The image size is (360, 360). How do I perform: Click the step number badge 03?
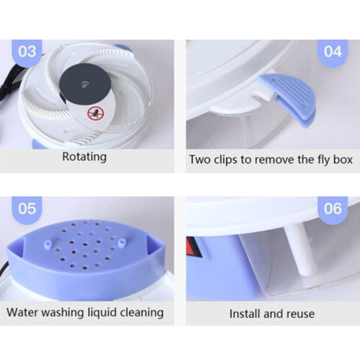pos(27,52)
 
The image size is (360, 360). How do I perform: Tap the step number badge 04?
pos(333,52)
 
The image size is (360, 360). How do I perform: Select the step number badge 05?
pos(27,209)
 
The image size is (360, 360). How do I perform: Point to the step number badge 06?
pos(333,209)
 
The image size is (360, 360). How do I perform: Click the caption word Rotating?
pos(84,157)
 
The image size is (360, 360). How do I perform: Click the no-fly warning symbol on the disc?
pos(96,113)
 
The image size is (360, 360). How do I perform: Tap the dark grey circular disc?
pos(85,84)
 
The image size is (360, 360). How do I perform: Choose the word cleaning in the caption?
pos(142,313)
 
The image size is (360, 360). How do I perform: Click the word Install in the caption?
pos(245,314)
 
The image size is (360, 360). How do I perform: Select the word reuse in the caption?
pos(301,314)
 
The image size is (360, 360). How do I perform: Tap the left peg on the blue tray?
pos(48,244)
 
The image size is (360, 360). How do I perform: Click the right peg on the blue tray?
pos(121,243)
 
